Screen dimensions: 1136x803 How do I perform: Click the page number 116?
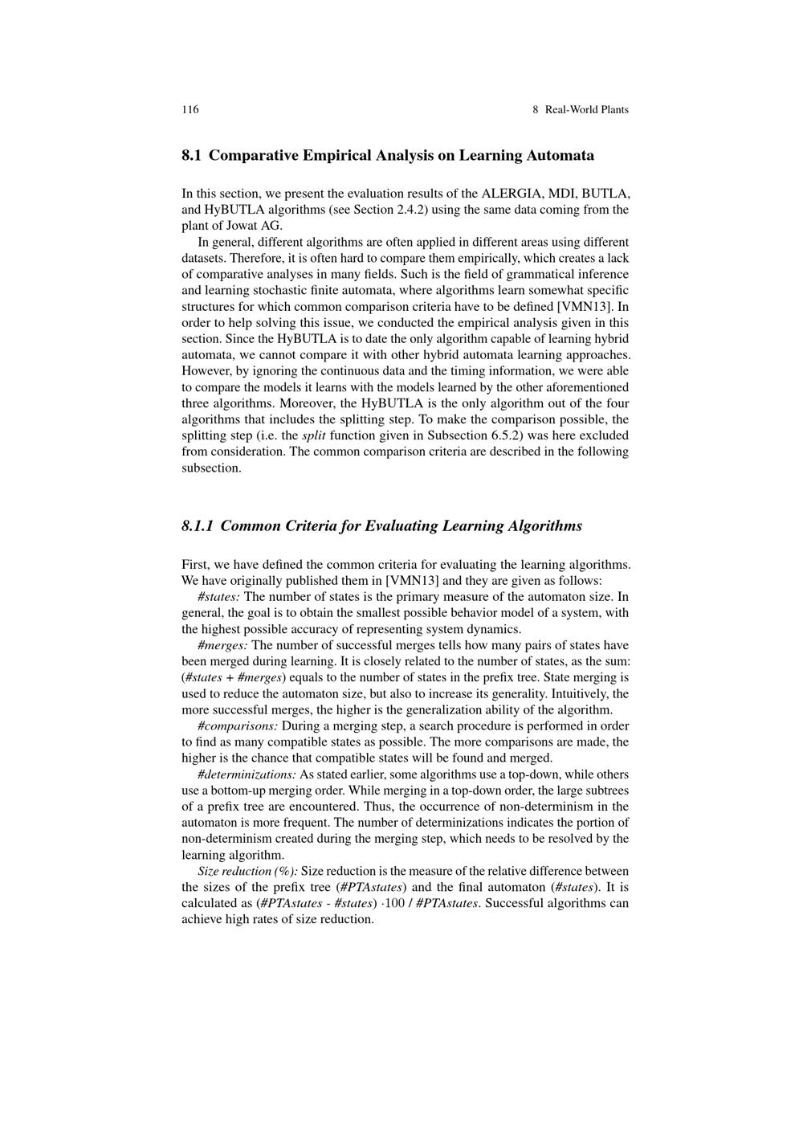(190, 109)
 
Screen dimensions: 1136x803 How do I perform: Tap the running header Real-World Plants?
(586, 109)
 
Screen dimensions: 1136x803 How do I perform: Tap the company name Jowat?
(244, 226)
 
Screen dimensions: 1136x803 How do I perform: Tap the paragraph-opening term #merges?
(222, 645)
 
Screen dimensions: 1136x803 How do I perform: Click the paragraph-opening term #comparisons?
(238, 726)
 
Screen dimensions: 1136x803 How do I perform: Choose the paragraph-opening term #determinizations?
(247, 774)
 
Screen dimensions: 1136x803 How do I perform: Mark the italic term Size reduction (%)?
(247, 871)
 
